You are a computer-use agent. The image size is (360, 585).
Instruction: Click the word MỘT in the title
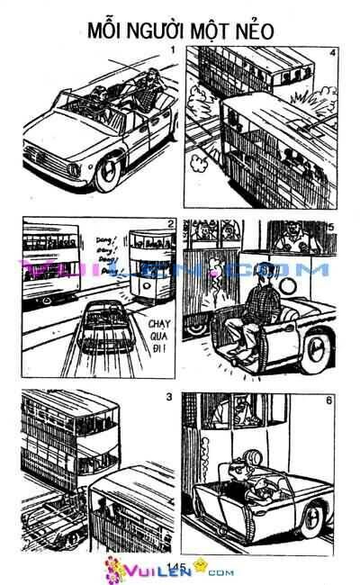[209, 30]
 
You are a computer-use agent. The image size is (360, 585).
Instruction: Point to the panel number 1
[170, 49]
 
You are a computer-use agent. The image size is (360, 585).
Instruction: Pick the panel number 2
[170, 224]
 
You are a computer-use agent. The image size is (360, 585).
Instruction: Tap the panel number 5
[332, 227]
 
